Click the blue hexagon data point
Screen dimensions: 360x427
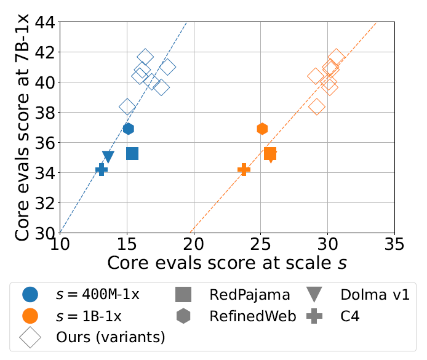[x=128, y=129]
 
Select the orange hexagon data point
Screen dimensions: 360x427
[x=262, y=129]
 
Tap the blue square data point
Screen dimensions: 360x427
[x=132, y=153]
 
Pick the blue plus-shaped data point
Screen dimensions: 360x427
[x=102, y=170]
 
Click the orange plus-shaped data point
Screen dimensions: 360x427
[x=244, y=169]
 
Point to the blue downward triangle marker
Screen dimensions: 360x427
[x=108, y=157]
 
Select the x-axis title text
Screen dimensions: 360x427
[x=227, y=263]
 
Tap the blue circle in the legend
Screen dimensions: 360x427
[x=30, y=294]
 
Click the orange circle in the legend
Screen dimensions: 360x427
[x=30, y=316]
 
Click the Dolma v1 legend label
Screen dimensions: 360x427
[x=375, y=294]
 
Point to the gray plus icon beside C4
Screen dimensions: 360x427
[x=314, y=316]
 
